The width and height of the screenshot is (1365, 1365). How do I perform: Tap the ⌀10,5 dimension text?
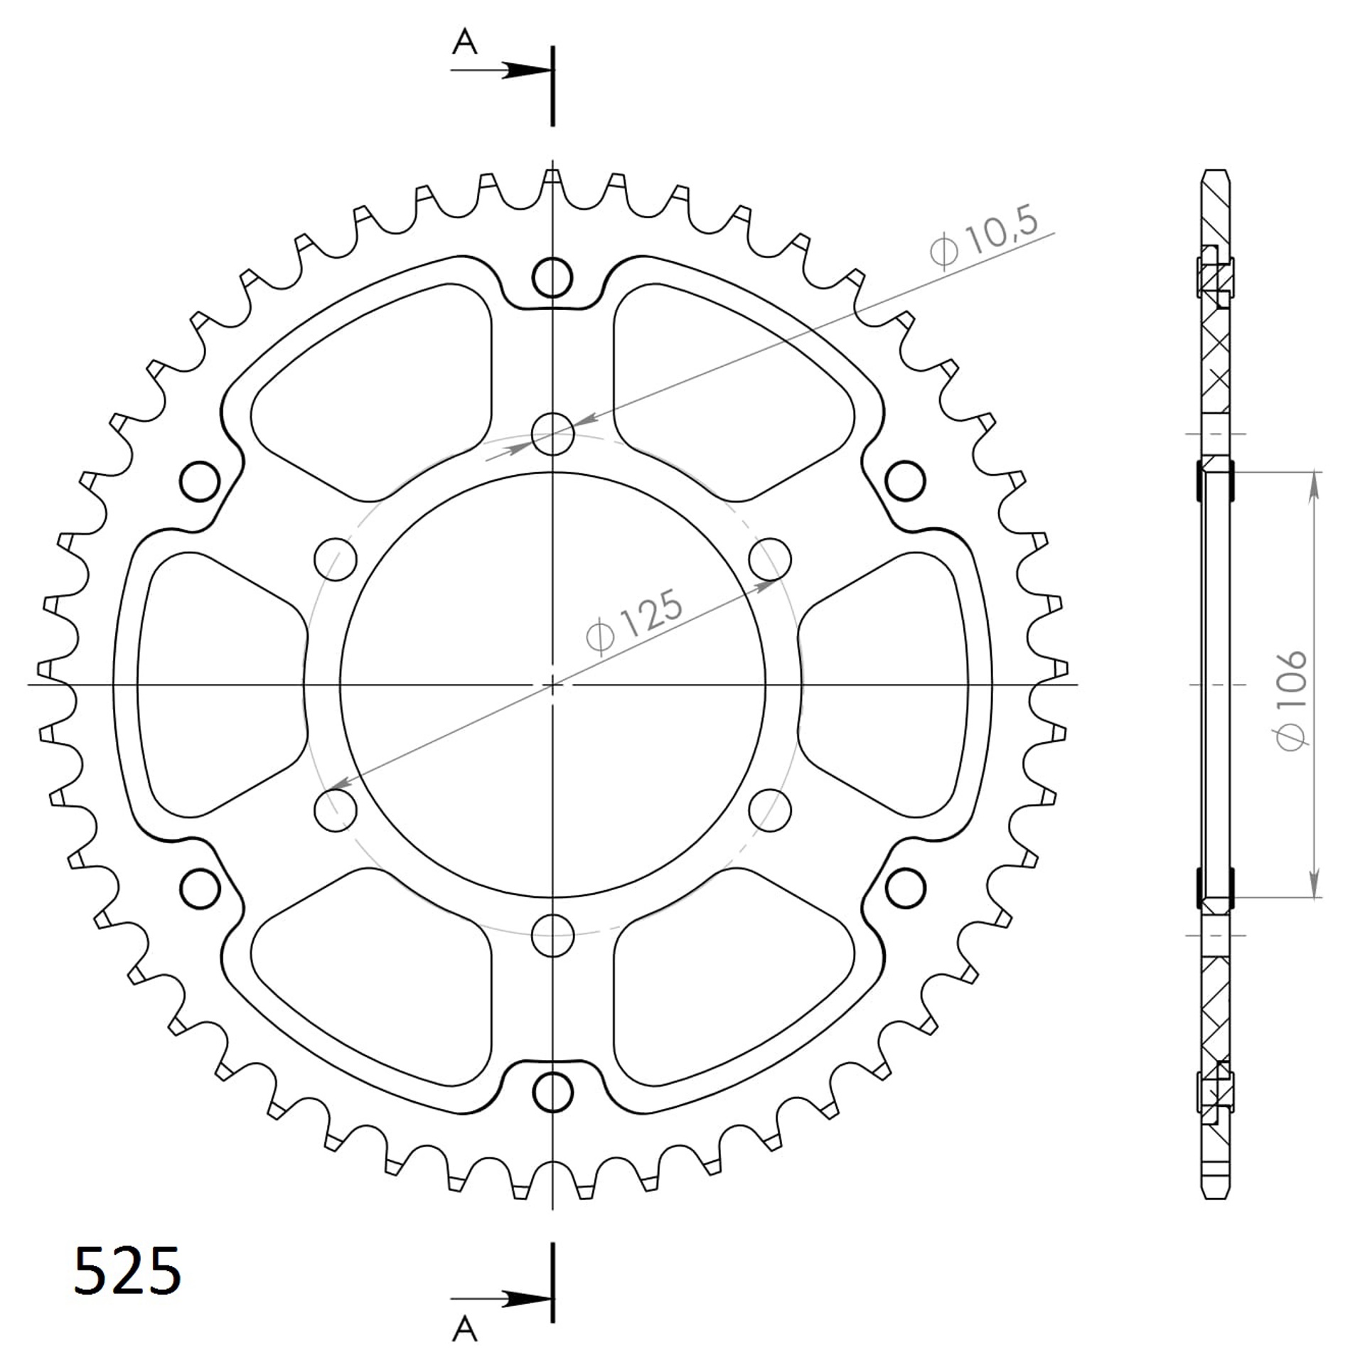point(983,236)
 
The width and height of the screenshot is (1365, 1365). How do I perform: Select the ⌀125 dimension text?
point(634,621)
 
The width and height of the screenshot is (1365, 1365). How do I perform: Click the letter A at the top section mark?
point(465,43)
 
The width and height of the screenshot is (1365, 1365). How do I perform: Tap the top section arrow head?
point(527,70)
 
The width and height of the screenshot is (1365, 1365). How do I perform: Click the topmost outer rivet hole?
point(552,277)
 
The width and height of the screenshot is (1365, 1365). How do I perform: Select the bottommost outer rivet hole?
point(552,1092)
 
